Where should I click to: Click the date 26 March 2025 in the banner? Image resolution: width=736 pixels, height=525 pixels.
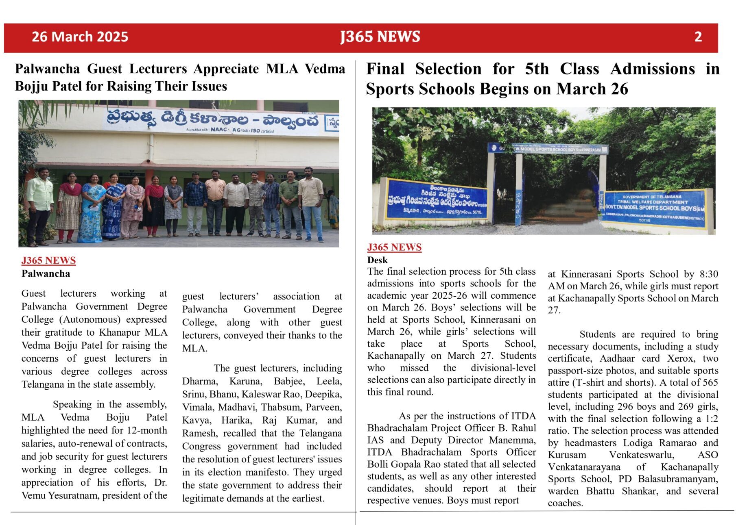tap(80, 37)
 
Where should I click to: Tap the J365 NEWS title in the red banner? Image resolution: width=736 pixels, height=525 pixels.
tap(380, 37)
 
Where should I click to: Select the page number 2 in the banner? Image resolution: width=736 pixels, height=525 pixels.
tap(698, 37)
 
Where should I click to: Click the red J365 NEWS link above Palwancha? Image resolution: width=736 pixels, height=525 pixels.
tap(48, 260)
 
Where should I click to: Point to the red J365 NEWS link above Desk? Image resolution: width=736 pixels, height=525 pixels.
tap(394, 247)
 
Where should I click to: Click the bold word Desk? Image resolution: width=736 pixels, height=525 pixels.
tap(377, 260)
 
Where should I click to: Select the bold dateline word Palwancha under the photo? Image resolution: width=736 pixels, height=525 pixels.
tap(46, 273)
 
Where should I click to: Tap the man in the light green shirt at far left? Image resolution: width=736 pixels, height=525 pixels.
tap(40, 203)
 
